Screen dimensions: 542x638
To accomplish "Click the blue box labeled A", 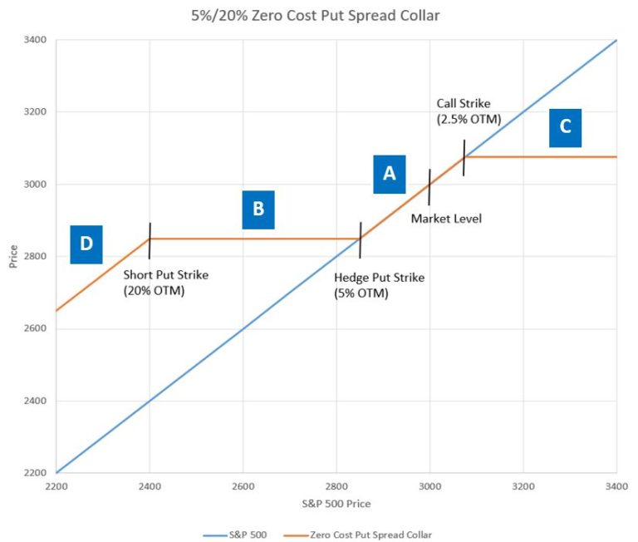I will point(389,174).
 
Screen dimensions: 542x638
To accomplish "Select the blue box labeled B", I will point(258,209).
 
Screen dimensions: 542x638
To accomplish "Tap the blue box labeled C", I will point(565,127).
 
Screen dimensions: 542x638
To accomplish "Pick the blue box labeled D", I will point(86,244).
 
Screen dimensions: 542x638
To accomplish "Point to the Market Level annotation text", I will point(446,219).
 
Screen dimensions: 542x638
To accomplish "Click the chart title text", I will point(318,14).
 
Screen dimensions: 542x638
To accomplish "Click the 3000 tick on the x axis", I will point(429,485).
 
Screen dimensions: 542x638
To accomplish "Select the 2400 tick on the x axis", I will point(150,485).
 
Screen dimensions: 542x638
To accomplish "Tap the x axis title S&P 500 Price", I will point(336,504).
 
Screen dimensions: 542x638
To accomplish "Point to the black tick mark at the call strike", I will point(464,157).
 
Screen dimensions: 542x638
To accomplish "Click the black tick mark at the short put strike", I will point(150,240).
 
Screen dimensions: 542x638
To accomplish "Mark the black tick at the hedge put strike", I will point(360,240).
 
